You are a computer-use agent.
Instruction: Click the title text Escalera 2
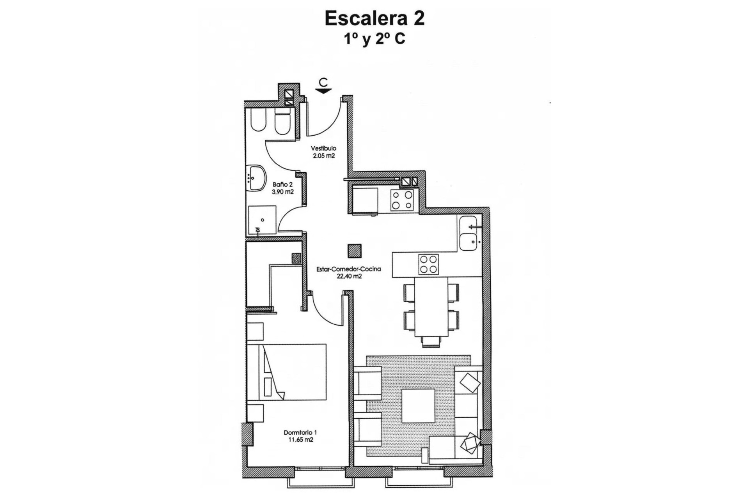(x=374, y=18)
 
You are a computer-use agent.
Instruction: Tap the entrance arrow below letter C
(x=323, y=91)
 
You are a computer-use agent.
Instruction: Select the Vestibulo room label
(x=323, y=148)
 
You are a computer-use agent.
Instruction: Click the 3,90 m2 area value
(x=282, y=192)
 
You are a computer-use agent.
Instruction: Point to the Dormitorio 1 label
(x=300, y=432)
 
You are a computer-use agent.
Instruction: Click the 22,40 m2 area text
(x=349, y=276)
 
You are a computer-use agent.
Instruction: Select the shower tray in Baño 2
(x=262, y=219)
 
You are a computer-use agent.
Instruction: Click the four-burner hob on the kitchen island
(x=428, y=264)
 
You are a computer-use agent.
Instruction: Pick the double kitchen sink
(x=468, y=233)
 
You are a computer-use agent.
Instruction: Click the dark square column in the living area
(x=355, y=251)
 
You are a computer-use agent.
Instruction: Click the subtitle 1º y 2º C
(x=374, y=39)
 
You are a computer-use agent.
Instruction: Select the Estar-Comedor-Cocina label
(x=348, y=269)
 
